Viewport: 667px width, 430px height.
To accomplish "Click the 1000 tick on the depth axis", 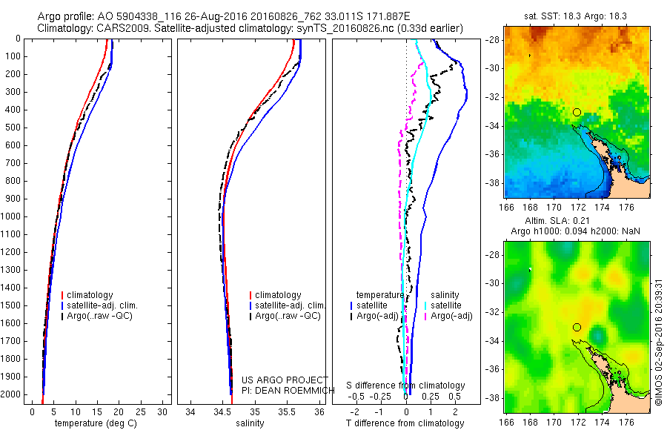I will click(13, 216).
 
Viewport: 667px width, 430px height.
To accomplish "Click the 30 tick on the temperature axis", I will click(162, 411).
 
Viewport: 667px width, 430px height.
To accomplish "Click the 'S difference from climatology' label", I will click(406, 386).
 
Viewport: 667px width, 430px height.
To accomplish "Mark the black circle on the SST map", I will click(577, 113).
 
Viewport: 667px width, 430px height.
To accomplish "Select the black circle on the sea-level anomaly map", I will click(577, 327).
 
